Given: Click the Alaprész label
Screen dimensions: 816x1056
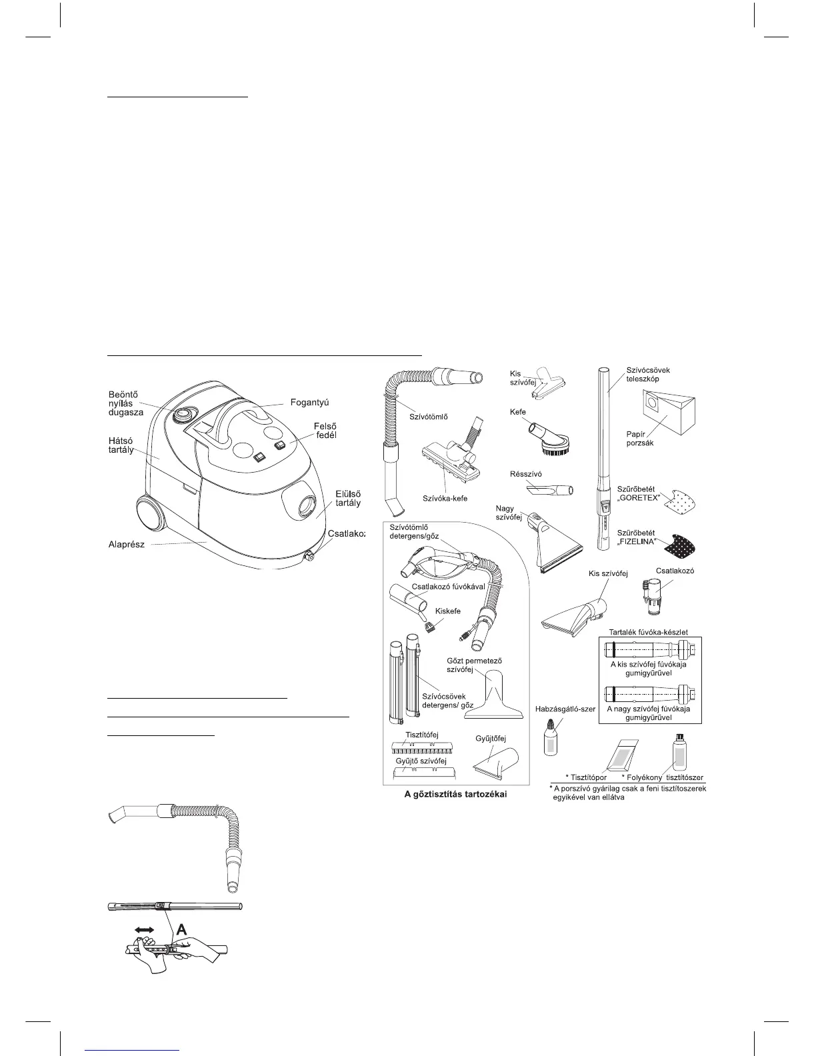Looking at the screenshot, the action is tap(127, 545).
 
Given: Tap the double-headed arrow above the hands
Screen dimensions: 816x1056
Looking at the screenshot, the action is tap(146, 929).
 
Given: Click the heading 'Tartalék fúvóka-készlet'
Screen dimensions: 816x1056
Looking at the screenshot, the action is tap(649, 631).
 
